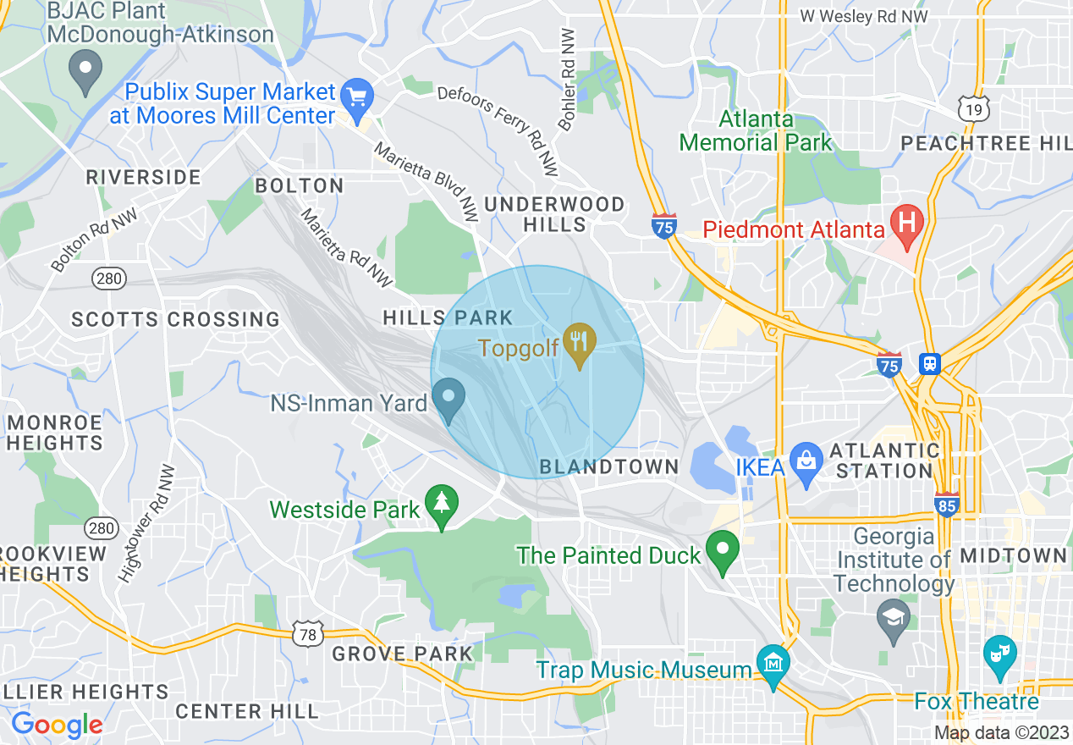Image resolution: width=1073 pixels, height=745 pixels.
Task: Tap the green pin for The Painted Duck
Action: tap(723, 551)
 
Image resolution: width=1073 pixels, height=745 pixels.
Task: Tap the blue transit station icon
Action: tap(930, 364)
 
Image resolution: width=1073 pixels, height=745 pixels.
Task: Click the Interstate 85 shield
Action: tap(946, 505)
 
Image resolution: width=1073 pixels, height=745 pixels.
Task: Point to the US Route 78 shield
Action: tap(307, 632)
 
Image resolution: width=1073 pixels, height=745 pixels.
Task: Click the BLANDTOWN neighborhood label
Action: tap(609, 466)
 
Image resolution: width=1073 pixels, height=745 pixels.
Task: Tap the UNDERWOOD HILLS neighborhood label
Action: tap(554, 214)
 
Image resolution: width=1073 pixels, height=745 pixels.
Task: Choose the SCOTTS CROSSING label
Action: tap(175, 319)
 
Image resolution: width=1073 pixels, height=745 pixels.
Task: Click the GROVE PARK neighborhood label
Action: tap(402, 654)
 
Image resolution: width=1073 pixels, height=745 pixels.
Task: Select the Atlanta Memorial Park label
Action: tap(756, 131)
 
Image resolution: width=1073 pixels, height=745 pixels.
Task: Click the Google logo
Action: tap(57, 725)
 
